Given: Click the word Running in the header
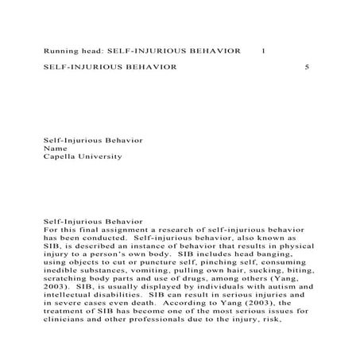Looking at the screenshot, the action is pyautogui.click(x=60, y=50).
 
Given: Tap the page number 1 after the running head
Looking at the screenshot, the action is pyautogui.click(x=264, y=50).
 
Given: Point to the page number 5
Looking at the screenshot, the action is pyautogui.click(x=308, y=68).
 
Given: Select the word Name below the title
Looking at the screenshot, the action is pyautogui.click(x=53, y=149).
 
